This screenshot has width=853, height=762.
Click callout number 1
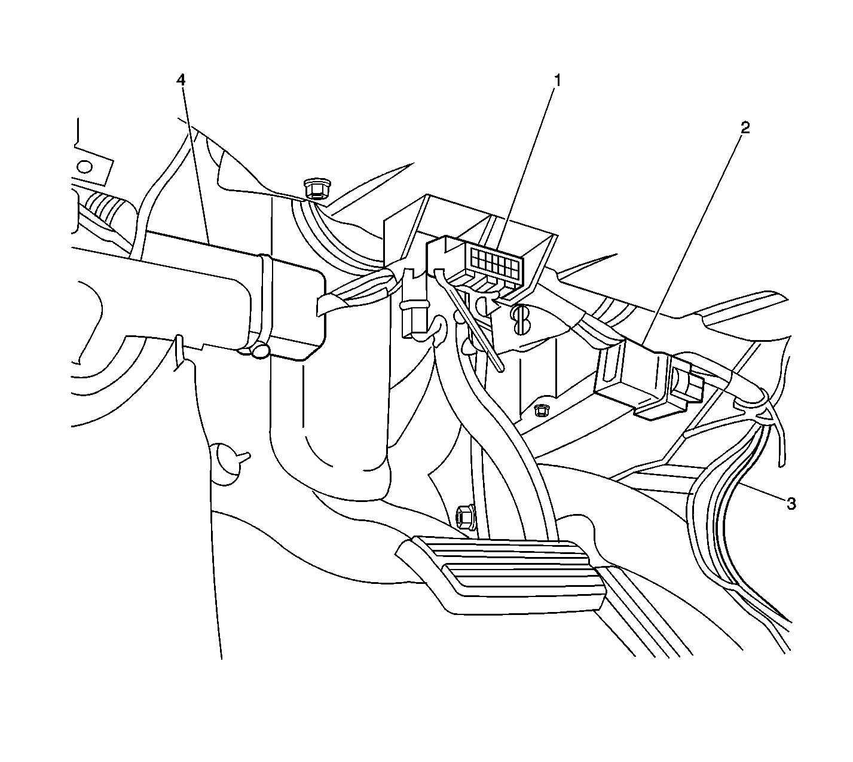click(x=557, y=80)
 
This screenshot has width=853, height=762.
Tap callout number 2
click(x=745, y=127)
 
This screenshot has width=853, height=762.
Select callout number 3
click(x=791, y=503)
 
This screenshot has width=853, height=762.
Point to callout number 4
click(x=181, y=80)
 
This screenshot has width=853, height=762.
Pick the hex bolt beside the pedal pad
click(x=466, y=516)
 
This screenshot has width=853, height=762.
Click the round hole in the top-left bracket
click(x=85, y=167)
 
